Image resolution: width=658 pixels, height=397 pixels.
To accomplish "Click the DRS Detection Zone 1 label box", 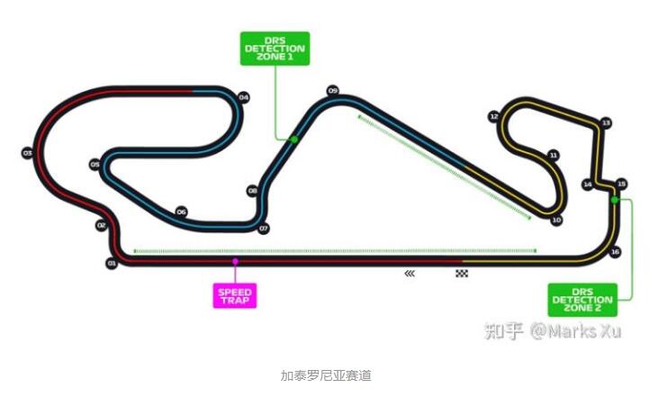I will click(275, 48).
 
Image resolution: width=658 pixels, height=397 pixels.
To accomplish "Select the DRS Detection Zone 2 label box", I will click(582, 299).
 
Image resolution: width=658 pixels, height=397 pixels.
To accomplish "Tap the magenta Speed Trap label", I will click(235, 295).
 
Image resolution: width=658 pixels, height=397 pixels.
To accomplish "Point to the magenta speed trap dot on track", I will click(235, 262).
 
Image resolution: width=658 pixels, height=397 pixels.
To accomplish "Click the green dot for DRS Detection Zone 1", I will click(293, 140).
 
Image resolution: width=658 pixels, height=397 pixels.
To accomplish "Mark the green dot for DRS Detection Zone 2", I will click(615, 200).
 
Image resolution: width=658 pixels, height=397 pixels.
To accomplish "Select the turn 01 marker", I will click(112, 263).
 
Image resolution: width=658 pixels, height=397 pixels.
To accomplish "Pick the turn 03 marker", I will click(27, 153).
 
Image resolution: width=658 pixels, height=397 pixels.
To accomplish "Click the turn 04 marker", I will click(244, 97).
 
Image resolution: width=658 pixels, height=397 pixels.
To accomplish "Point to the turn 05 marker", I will click(95, 165).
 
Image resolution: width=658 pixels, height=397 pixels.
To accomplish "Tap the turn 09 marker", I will click(332, 91).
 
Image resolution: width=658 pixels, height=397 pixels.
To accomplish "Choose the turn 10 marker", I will click(556, 220).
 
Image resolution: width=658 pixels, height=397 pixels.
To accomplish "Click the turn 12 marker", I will click(493, 117).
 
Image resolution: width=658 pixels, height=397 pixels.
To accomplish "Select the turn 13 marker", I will click(606, 122).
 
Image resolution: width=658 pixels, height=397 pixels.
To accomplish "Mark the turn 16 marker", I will click(615, 252).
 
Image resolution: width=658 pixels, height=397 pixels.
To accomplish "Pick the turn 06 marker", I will click(181, 212).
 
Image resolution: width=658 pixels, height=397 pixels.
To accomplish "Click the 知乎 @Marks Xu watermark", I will click(553, 330).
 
